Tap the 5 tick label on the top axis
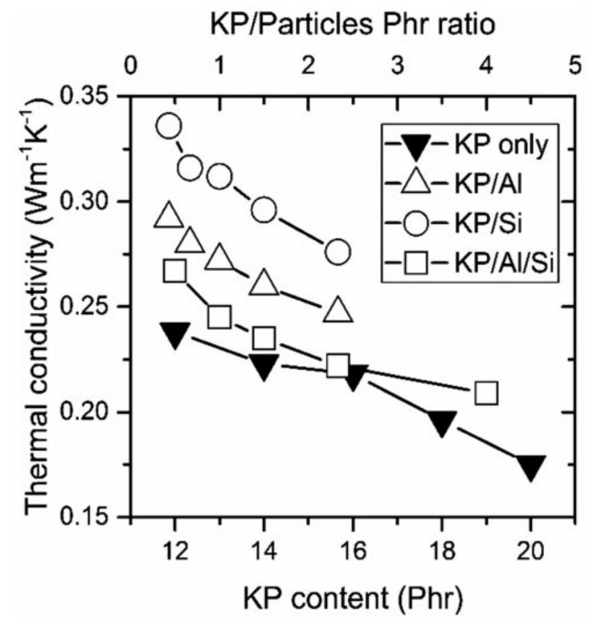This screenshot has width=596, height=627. [x=574, y=68]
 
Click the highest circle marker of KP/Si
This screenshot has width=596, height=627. [x=169, y=125]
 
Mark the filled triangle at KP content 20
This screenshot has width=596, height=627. [x=531, y=467]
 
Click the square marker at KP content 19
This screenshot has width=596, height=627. [x=486, y=392]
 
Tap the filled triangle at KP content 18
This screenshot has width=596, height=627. [x=442, y=424]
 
